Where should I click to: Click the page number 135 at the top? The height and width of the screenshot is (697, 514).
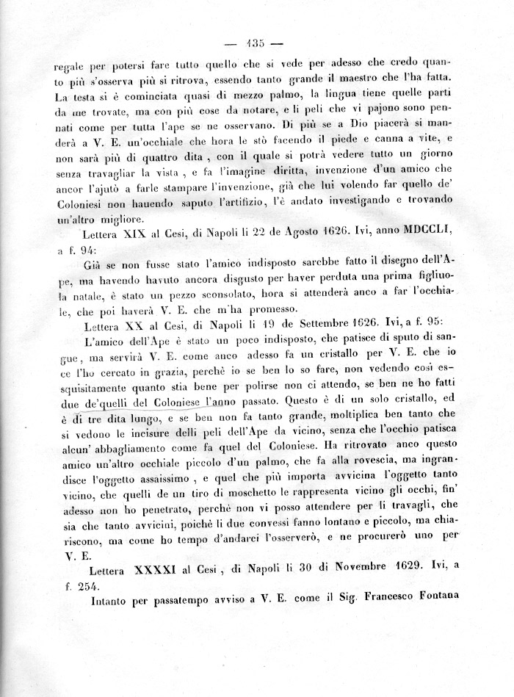pyautogui.click(x=257, y=41)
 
